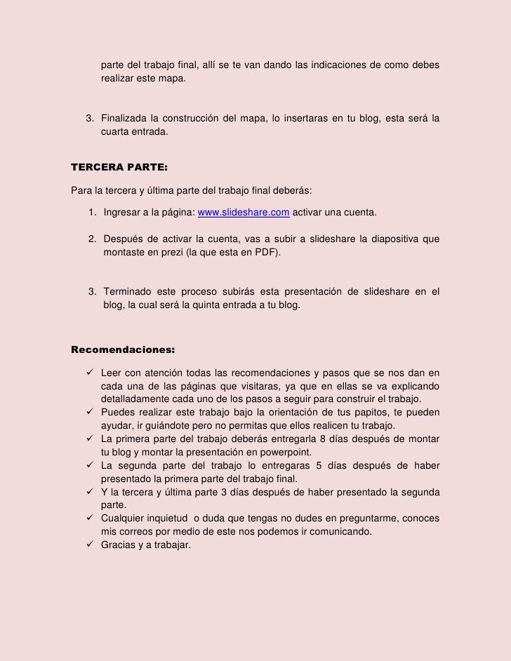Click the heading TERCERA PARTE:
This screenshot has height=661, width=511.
[116, 168]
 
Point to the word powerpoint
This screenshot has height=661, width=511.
[286, 451]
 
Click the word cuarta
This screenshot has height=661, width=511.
[116, 131]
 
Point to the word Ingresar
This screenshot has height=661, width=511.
[124, 213]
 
